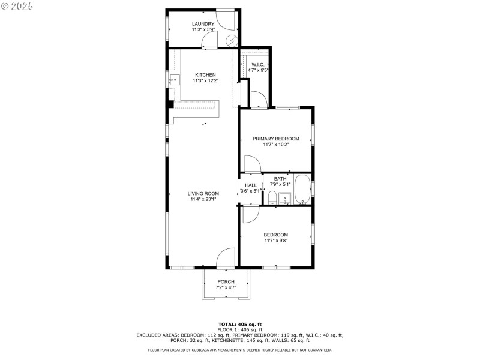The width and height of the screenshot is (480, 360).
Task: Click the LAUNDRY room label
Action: [x=203, y=24]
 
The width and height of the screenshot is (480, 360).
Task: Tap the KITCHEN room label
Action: [x=205, y=75]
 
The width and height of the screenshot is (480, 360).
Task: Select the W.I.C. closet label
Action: [x=258, y=64]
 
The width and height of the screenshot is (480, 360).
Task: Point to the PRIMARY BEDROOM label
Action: [x=275, y=139]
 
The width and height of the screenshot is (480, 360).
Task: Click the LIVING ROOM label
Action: [x=203, y=193]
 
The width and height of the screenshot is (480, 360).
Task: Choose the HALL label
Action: [x=251, y=185]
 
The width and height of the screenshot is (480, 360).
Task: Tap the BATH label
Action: [x=280, y=179]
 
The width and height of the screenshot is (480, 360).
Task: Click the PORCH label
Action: [x=226, y=282]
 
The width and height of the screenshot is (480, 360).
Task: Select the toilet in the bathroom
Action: [x=272, y=197]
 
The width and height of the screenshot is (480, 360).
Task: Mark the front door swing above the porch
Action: [x=226, y=258]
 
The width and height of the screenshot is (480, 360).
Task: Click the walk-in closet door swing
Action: [x=257, y=100]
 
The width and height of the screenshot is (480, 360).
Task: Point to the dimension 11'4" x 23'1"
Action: [x=203, y=199]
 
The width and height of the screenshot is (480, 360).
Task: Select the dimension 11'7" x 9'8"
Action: [x=275, y=241]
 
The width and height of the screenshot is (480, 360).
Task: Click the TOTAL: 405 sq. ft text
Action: [x=239, y=324]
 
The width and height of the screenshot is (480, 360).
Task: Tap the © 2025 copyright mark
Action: [x=17, y=5]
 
